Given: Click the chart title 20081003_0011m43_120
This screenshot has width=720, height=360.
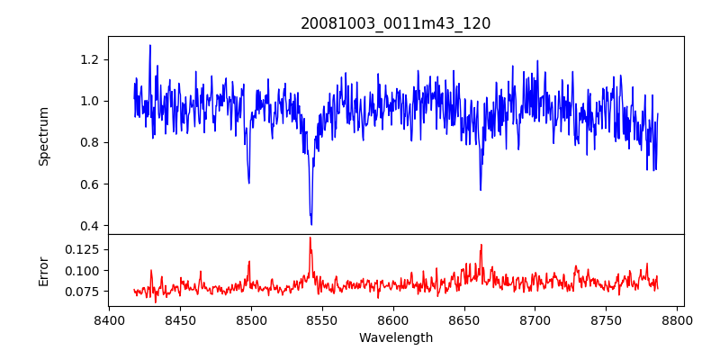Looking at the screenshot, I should pyautogui.click(x=396, y=23).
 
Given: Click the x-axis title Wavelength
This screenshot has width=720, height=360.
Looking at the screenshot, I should pyautogui.click(x=396, y=338).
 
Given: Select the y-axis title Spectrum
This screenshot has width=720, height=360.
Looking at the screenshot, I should pyautogui.click(x=43, y=135).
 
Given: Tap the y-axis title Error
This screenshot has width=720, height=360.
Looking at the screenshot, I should pyautogui.click(x=43, y=269).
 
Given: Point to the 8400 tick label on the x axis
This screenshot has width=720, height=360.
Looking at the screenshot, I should pyautogui.click(x=109, y=319).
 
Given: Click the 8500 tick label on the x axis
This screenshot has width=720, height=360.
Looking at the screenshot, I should pyautogui.click(x=251, y=319).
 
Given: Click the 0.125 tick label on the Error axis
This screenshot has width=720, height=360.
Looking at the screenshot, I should pyautogui.click(x=85, y=248).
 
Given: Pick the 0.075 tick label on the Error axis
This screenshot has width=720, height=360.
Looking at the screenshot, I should pyautogui.click(x=85, y=292).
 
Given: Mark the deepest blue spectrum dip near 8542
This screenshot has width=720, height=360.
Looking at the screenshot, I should pyautogui.click(x=311, y=224).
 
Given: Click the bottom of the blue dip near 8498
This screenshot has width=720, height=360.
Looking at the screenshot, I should pyautogui.click(x=248, y=184).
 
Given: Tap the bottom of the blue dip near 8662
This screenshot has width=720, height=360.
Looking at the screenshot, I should pyautogui.click(x=481, y=190).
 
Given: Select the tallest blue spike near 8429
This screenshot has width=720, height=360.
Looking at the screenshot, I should pyautogui.click(x=150, y=45).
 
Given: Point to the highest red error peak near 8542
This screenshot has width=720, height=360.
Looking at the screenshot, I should pyautogui.click(x=310, y=238).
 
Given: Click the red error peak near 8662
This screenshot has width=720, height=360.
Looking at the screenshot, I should pyautogui.click(x=481, y=244).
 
